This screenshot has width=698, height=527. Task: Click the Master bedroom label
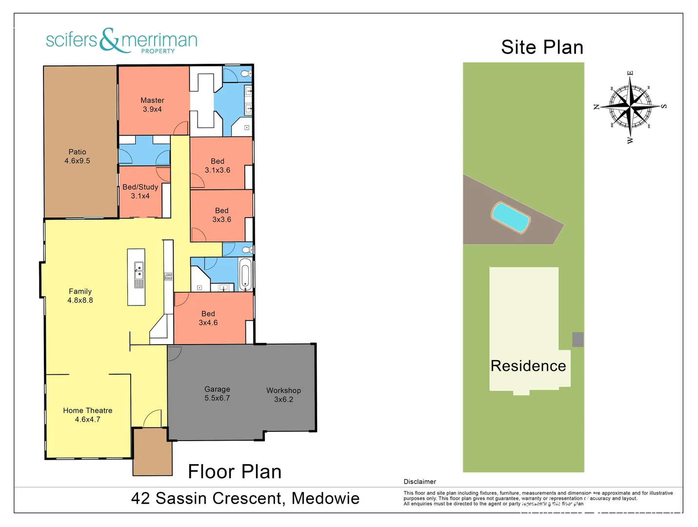152,105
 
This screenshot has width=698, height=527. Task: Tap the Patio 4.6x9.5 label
77,156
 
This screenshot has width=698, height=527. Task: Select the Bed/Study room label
140,191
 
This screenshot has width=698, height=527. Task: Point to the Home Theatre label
88,415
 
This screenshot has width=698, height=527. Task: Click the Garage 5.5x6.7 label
217,393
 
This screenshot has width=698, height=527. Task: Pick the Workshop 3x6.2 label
283,395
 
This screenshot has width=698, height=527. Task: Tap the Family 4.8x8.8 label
80,296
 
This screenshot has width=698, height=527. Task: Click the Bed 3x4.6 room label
208,318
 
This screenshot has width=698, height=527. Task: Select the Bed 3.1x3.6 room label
218,165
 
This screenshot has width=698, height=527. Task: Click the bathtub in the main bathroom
245,274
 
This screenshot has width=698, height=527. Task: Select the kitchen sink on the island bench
139,271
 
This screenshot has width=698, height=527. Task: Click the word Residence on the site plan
528,366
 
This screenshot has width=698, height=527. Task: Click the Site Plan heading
542,47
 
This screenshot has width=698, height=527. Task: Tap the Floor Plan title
235,472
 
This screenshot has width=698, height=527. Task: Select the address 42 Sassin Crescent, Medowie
245,498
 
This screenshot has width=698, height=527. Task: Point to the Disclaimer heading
419,482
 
